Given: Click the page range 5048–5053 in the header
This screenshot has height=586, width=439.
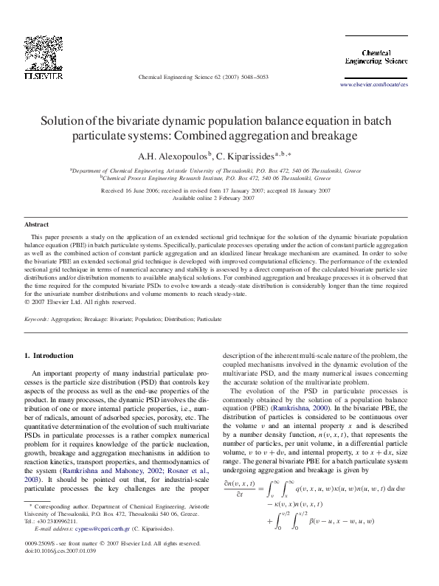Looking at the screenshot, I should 250,77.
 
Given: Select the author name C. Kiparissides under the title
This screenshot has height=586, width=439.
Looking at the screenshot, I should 247,156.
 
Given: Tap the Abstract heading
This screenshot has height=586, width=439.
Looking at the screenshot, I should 37,224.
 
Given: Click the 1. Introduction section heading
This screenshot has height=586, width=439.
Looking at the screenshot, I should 49,356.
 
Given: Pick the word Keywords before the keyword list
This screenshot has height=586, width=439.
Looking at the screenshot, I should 36,319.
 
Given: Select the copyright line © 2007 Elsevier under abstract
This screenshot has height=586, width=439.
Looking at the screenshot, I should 80,301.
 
